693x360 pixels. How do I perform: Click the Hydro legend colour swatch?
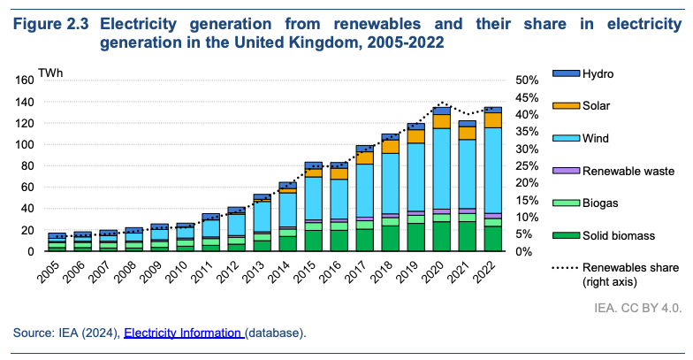pos(565,73)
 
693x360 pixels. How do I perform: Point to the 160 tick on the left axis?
pos(24,80)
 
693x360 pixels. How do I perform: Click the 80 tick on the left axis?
pos(27,165)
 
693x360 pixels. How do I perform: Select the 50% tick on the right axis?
pos(527,80)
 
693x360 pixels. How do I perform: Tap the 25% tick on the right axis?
pos(527,165)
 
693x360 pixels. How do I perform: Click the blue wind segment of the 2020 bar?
pos(442,168)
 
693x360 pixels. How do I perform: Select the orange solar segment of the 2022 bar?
pos(493,119)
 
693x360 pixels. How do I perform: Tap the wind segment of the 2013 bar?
pos(263,217)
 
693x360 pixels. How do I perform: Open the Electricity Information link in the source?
pos(183,333)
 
